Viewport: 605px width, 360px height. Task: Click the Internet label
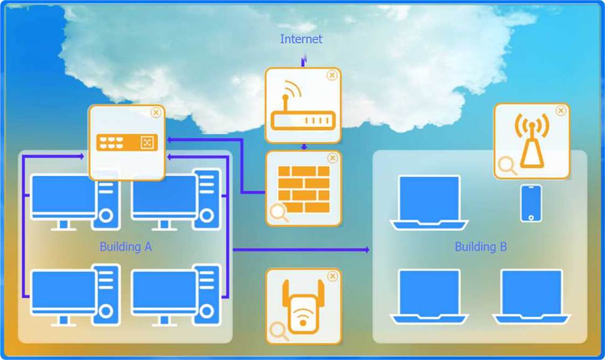(x=301, y=39)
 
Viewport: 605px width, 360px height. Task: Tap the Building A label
(x=125, y=246)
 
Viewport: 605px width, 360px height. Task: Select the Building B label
(x=480, y=246)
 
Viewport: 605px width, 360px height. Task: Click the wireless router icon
(x=303, y=106)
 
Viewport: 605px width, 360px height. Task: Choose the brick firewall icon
(x=304, y=189)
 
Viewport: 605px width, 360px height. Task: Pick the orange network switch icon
(x=127, y=143)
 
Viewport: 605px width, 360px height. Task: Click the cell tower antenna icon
(x=532, y=140)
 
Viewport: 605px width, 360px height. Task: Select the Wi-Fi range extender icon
(x=303, y=307)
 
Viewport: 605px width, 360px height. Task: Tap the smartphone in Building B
(x=531, y=203)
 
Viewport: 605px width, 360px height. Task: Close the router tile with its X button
(x=332, y=75)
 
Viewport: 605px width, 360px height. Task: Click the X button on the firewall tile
(x=332, y=158)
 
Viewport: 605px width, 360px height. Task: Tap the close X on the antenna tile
(x=561, y=110)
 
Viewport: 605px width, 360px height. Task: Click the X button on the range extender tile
(x=332, y=276)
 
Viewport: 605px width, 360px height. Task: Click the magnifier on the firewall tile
(x=278, y=213)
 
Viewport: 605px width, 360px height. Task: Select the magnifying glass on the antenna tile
(x=507, y=165)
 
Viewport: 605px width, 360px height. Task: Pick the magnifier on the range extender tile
(x=278, y=331)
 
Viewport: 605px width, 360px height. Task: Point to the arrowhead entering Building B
(x=367, y=250)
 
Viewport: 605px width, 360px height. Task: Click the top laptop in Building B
(x=429, y=203)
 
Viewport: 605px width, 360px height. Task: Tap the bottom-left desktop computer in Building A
(x=75, y=295)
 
